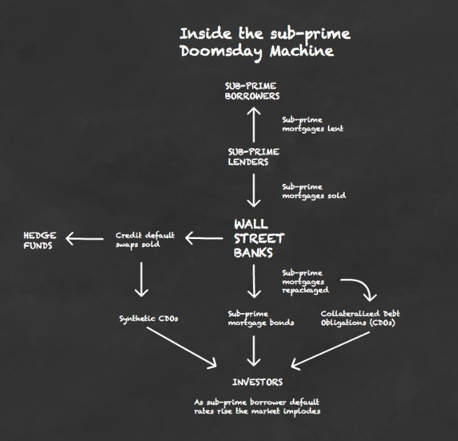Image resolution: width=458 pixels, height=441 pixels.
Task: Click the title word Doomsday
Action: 214,52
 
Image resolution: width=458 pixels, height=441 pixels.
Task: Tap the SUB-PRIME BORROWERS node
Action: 252,91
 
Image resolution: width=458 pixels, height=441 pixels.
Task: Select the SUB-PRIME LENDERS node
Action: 253,157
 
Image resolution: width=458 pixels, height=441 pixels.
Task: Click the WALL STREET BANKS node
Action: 259,238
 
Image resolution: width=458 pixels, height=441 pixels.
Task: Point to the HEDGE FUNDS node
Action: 40,240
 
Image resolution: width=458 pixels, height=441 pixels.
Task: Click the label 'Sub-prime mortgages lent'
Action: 313,124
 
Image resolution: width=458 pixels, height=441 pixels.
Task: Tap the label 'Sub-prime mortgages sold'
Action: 313,191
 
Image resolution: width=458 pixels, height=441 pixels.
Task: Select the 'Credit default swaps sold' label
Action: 145,240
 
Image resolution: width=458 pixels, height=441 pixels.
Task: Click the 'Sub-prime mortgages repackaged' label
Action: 305,281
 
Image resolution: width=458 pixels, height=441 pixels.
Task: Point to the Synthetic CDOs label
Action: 148,319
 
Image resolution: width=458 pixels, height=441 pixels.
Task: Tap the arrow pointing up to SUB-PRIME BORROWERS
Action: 255,123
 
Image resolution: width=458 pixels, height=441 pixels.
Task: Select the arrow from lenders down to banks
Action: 255,190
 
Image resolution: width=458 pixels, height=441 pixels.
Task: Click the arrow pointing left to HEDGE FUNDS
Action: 85,240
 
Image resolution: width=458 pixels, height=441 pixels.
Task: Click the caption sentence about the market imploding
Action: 256,407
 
